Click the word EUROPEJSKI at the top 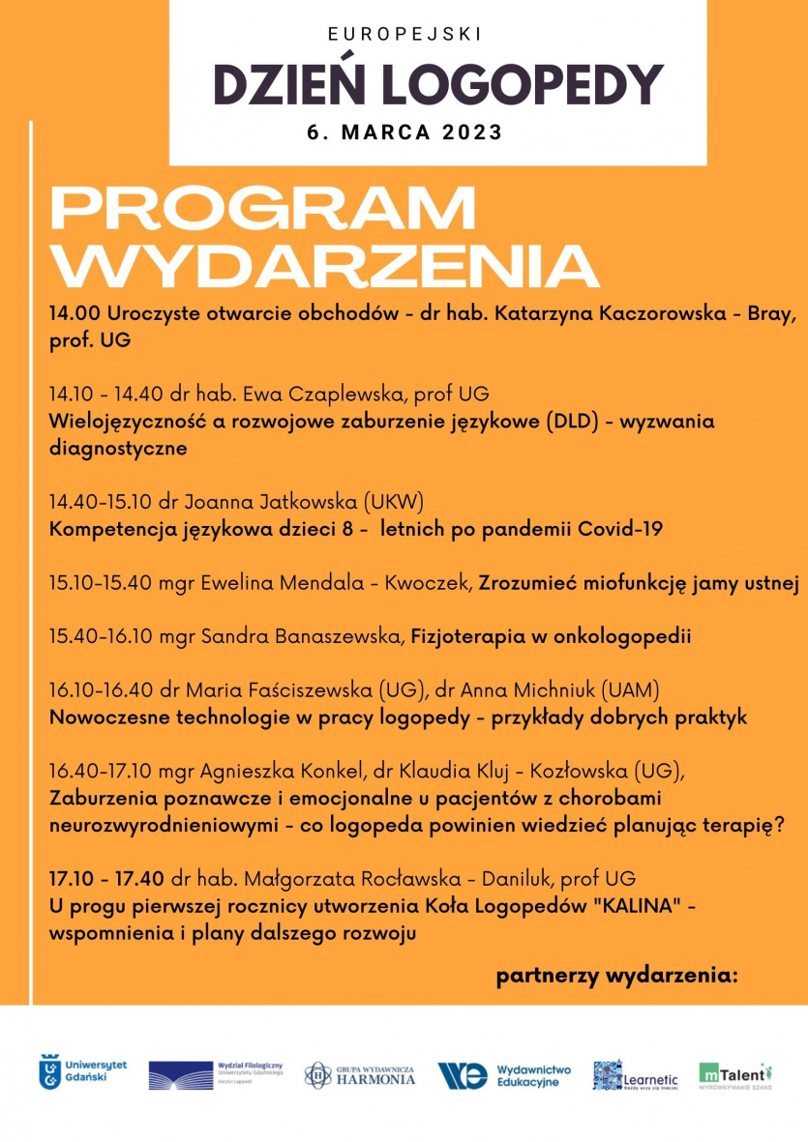coord(404,34)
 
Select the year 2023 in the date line coord(473,132)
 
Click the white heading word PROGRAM coord(263,208)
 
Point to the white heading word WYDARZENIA coord(324,265)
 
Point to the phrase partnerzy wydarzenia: coord(616,976)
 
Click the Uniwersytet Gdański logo coord(82,1071)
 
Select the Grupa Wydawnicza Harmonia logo coord(360,1074)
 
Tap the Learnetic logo coord(635,1074)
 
